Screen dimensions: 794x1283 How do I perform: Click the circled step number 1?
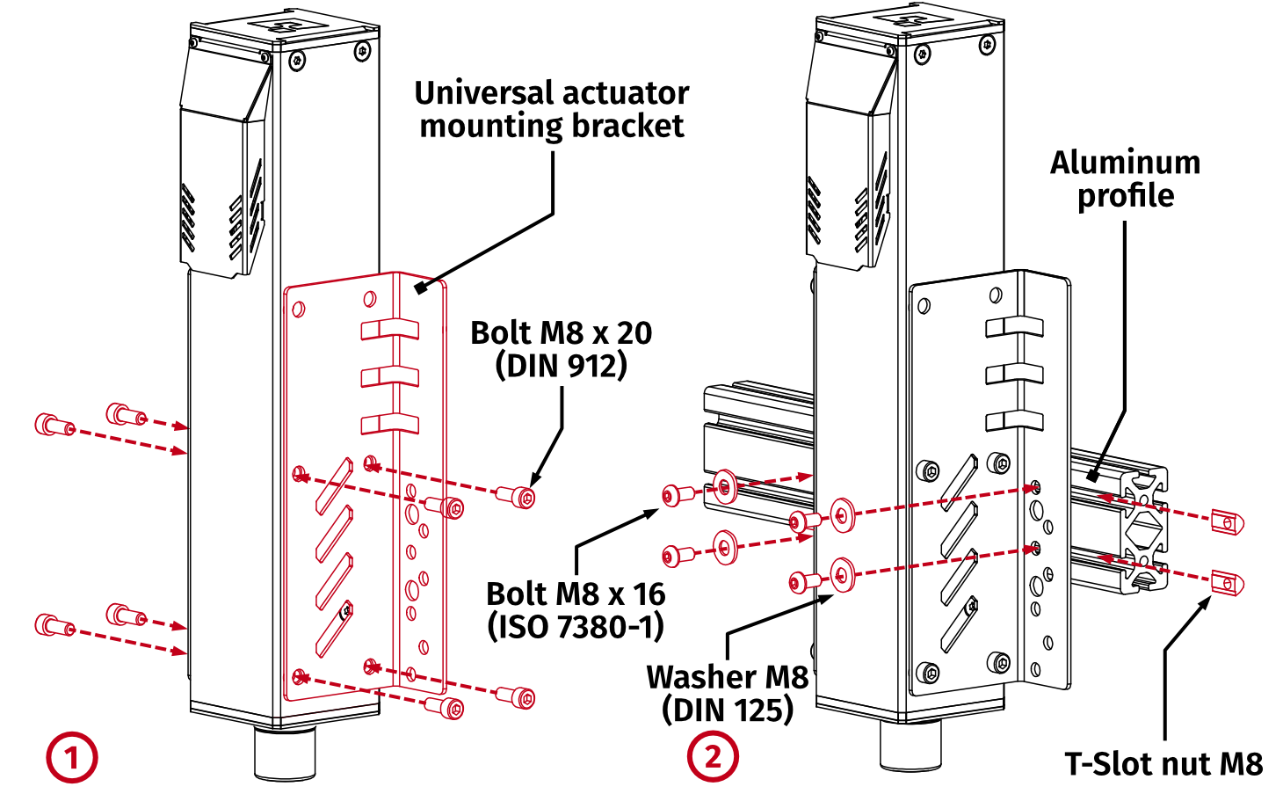click(x=71, y=757)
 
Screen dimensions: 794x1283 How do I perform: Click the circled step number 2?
click(x=712, y=757)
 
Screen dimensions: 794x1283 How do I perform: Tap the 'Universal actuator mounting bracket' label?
click(x=551, y=109)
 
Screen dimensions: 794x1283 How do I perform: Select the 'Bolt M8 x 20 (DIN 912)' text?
click(x=561, y=348)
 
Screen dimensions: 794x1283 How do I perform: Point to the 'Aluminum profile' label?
click(x=1125, y=178)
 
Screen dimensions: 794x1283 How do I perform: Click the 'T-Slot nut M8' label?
click(x=1163, y=763)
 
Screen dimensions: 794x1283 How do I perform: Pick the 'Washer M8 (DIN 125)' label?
click(x=727, y=693)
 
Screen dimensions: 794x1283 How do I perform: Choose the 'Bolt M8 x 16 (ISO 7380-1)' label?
click(x=576, y=609)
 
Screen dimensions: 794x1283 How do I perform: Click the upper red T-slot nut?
click(x=1227, y=522)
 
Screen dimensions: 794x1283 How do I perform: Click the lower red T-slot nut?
click(x=1227, y=582)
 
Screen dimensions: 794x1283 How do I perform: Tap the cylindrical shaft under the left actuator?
click(x=285, y=753)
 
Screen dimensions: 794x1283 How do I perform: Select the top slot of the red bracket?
click(x=389, y=330)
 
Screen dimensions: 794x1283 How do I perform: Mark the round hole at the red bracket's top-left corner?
click(x=298, y=310)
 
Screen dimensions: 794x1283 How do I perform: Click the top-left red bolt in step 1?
click(x=52, y=426)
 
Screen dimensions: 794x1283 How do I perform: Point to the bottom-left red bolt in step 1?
click(x=52, y=626)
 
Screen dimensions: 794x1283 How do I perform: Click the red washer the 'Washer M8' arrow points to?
click(x=842, y=575)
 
